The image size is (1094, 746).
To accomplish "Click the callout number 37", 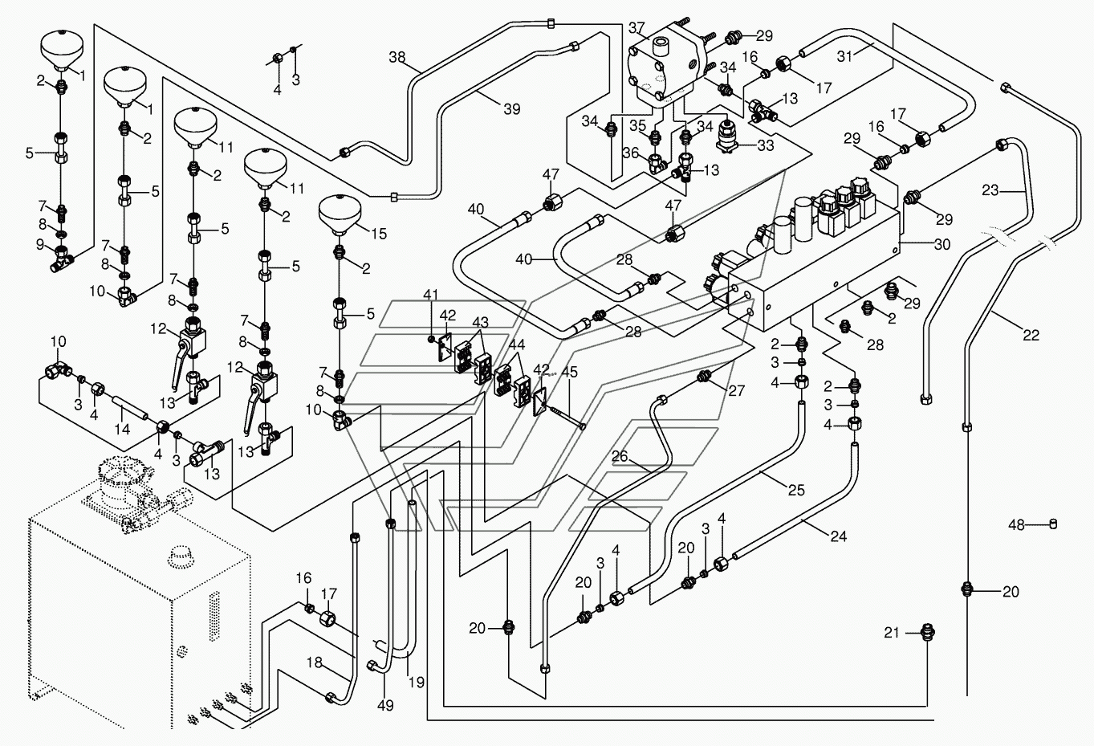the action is pos(636,28).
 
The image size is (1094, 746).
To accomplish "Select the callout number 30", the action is pos(942,244).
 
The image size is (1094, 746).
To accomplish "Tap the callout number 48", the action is pos(1016,525).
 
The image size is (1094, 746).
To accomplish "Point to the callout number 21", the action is pos(891,633).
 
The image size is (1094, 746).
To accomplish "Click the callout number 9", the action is pos(40,244).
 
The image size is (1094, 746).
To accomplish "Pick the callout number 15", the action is pos(379,234).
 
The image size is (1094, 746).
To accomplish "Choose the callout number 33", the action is pos(765,145).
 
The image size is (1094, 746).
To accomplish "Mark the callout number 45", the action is pos(569,373).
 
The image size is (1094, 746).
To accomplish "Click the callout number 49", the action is pos(385,705).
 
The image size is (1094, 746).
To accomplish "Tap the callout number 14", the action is pos(122,429).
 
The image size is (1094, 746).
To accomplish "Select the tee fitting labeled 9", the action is pos(61,258).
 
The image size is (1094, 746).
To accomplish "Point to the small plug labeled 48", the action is pos(1053,524).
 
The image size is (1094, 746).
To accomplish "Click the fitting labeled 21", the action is pos(927,633).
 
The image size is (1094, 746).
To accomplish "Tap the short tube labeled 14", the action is pos(130,407).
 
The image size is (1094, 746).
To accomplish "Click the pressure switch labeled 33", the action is pos(726,138).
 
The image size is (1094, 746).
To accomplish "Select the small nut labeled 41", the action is pos(429,339).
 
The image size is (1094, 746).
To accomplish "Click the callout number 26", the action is pos(620,456).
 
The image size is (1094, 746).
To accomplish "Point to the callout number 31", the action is pos(845,57).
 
